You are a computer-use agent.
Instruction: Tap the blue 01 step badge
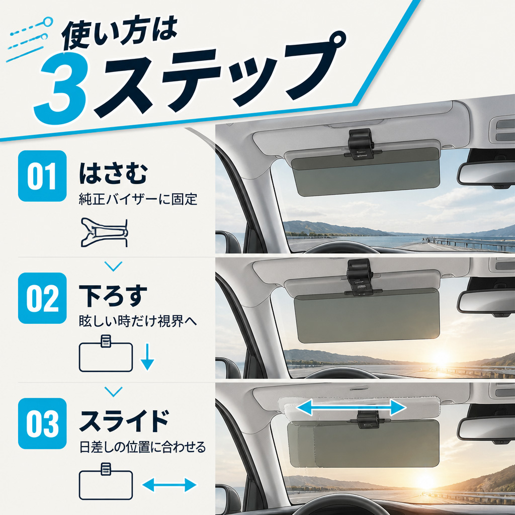coord(42,176)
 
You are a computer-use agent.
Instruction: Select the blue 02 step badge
coord(42,298)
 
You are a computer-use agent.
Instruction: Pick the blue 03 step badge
coord(42,423)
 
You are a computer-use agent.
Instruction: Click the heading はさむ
coord(113,174)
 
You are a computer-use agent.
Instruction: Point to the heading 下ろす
coord(113,296)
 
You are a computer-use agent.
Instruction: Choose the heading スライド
coord(124,421)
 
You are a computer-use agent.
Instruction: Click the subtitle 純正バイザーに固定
coord(138,199)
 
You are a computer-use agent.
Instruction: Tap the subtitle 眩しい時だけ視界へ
coord(138,321)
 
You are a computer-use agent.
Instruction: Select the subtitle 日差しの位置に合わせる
coord(142,447)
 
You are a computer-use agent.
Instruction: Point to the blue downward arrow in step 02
coord(147,357)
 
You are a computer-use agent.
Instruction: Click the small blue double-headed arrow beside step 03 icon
coord(169,485)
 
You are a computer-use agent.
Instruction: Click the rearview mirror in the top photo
coord(486,174)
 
